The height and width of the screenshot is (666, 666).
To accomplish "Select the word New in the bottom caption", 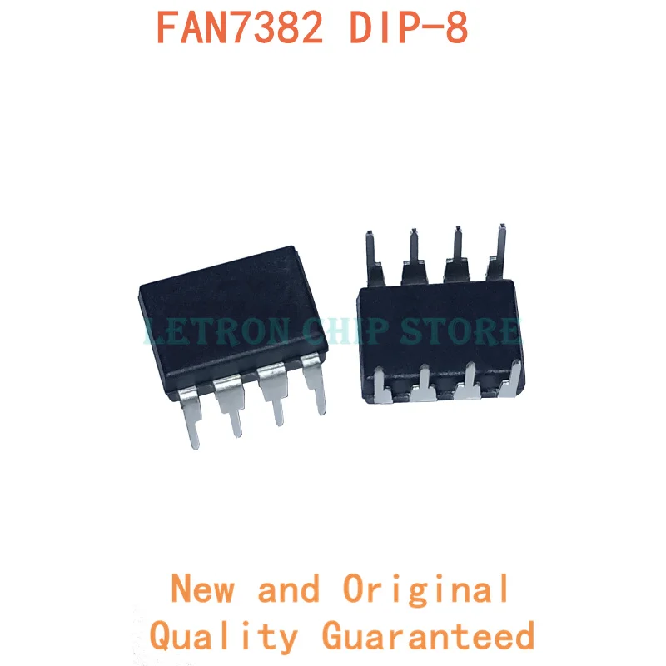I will click(203, 589).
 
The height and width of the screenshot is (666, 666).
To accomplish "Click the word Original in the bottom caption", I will click(426, 589).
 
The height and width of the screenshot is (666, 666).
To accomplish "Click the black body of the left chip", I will click(225, 308).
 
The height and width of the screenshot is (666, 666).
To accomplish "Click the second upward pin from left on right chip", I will click(414, 250).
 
